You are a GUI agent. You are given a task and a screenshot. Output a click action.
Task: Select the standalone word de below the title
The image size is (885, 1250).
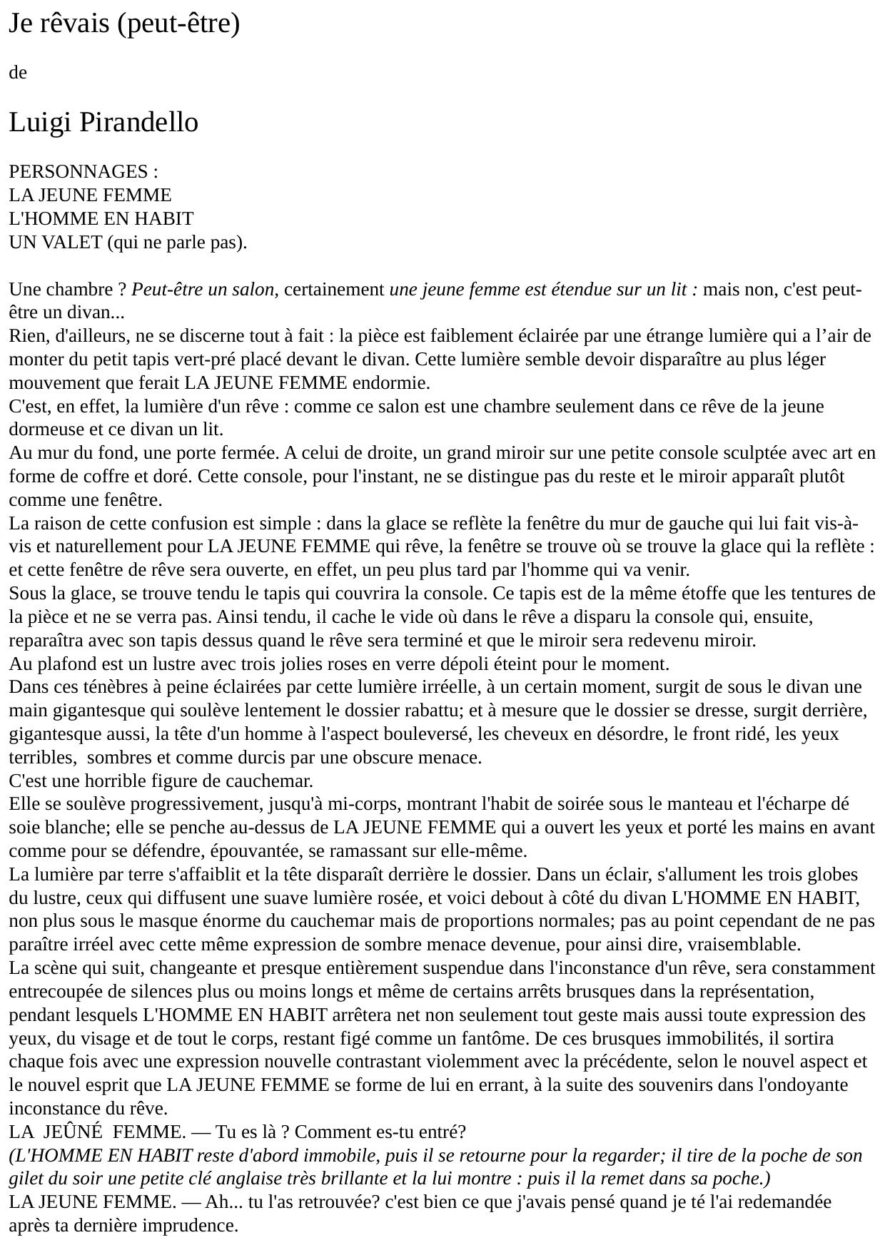coord(18,73)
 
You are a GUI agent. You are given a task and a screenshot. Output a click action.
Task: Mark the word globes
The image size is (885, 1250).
coord(832,875)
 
